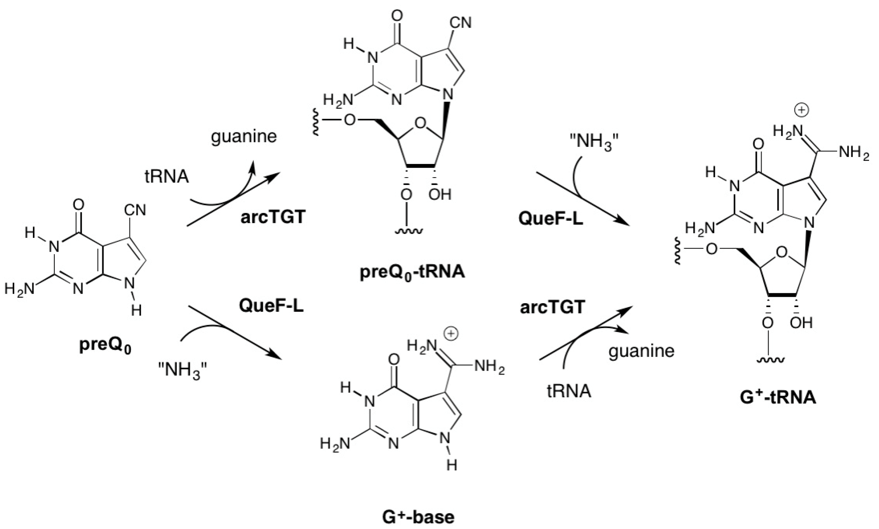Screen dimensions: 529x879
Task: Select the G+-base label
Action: tap(418, 517)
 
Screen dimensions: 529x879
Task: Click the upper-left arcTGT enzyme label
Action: tap(273, 217)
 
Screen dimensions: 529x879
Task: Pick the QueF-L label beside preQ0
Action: tap(271, 306)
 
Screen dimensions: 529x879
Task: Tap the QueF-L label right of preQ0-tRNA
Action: tap(551, 218)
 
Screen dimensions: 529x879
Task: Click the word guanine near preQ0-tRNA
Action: tap(244, 137)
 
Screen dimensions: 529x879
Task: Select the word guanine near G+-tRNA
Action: tap(641, 351)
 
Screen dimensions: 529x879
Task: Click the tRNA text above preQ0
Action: tap(166, 177)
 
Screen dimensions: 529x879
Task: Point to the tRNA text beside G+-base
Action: tap(569, 391)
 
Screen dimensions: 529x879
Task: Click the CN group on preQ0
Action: tap(135, 210)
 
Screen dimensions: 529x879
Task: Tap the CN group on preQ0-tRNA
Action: tap(460, 23)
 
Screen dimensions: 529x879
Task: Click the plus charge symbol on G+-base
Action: tap(451, 334)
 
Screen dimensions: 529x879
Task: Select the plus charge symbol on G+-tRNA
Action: tap(802, 110)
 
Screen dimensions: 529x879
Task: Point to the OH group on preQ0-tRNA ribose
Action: tap(440, 195)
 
